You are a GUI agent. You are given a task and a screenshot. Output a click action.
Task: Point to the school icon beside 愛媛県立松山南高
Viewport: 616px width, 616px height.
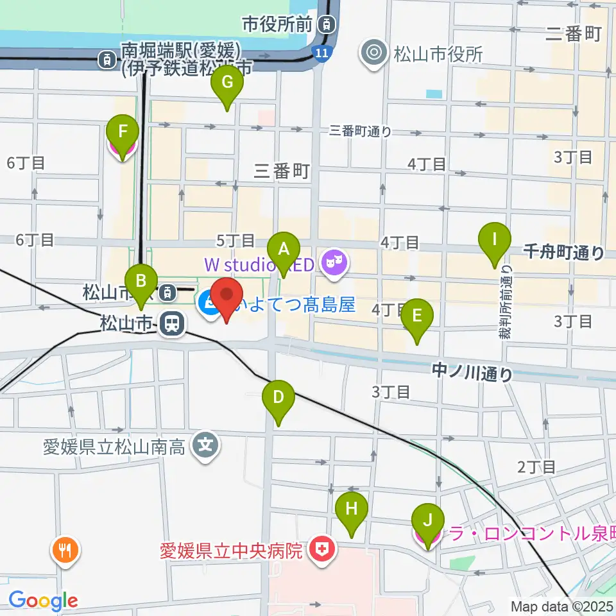[205, 444]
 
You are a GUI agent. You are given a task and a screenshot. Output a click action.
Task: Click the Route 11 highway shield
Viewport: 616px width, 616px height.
[323, 53]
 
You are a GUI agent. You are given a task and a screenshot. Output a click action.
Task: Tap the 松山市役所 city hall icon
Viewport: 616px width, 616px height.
[374, 54]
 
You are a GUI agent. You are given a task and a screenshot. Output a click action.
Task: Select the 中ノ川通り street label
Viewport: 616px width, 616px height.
[472, 372]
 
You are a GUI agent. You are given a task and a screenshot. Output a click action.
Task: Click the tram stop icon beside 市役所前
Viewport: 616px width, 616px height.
[327, 25]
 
